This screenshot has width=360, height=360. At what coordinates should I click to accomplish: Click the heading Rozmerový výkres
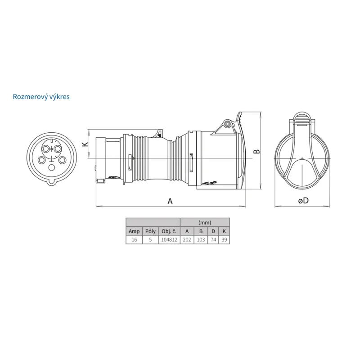(x=41, y=97)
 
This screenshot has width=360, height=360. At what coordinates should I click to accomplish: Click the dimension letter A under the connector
(x=170, y=201)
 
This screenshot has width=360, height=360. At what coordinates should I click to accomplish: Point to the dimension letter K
(x=85, y=144)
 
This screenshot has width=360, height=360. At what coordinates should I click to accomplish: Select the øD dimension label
(x=303, y=201)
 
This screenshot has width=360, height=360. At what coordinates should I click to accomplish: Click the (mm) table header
(x=205, y=222)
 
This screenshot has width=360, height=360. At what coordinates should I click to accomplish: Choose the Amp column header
(x=134, y=231)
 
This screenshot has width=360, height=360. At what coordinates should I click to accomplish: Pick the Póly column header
(x=150, y=231)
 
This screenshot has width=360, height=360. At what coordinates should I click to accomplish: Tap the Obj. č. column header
(x=169, y=231)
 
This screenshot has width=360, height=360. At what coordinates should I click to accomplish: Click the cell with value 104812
(x=169, y=240)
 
